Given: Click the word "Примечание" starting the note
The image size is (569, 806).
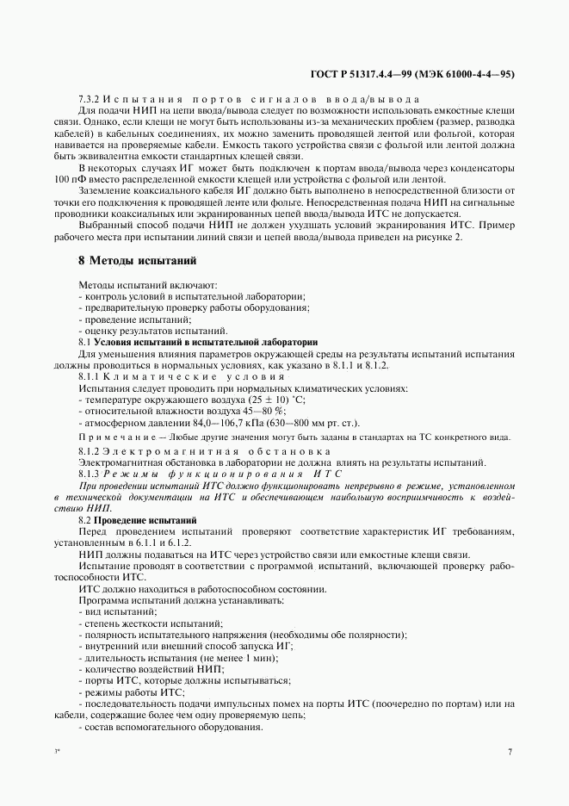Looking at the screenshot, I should pyautogui.click(x=115, y=437).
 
